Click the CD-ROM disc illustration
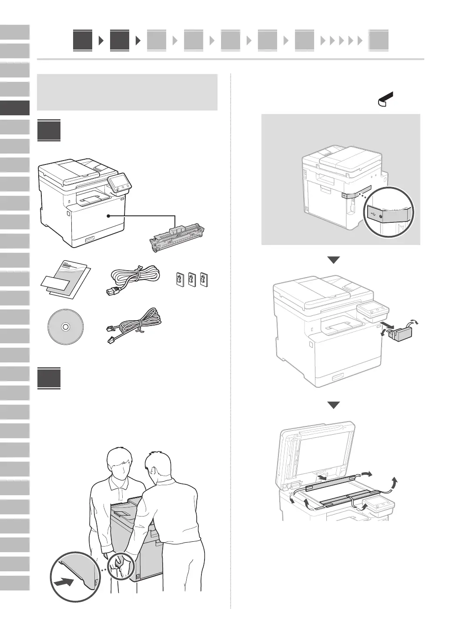[x=65, y=327]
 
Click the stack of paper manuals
[x=67, y=278]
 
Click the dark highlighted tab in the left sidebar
[x=15, y=108]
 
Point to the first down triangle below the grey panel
[x=334, y=260]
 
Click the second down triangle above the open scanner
[x=334, y=405]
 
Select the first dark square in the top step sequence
[x=83, y=40]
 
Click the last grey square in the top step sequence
[x=379, y=41]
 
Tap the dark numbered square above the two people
[x=49, y=379]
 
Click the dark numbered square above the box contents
[x=49, y=131]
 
